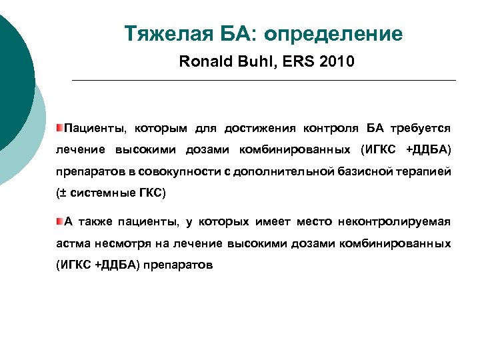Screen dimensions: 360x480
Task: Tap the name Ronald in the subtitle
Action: coord(204,63)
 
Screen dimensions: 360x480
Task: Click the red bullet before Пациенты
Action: coord(59,127)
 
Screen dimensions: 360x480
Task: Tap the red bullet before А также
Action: coord(59,221)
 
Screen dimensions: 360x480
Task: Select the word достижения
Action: coord(261,127)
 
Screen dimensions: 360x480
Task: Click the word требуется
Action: coord(421,127)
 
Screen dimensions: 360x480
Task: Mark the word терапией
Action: coord(423,171)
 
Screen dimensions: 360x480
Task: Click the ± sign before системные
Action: coord(61,193)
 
